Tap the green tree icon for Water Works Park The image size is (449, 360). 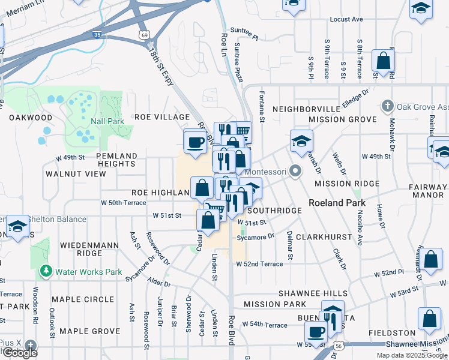coord(46,271)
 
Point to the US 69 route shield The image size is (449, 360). coord(143,36)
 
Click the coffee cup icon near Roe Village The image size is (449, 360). coord(195,143)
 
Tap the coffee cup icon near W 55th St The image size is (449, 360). coord(316,331)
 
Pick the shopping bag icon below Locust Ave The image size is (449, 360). coord(382,61)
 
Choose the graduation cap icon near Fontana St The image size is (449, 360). coord(302,141)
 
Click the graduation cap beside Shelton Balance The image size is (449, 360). coord(18,226)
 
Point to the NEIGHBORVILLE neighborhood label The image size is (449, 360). coord(306,109)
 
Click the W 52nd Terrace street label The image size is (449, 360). coord(259,264)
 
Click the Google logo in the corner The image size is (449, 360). coord(19,353)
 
